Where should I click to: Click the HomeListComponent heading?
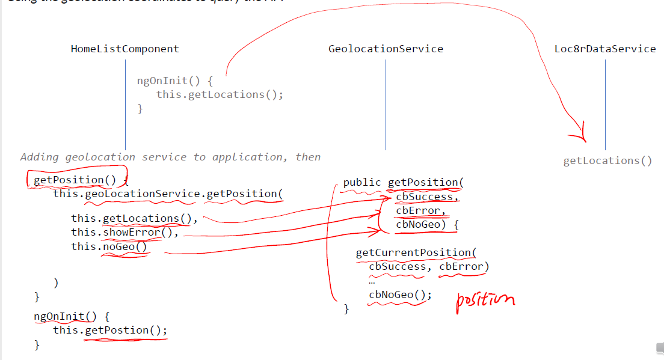point(124,49)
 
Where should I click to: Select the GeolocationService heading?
point(386,49)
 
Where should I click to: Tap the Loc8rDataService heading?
point(605,49)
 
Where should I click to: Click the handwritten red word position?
point(485,299)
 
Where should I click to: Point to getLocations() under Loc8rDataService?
point(607,161)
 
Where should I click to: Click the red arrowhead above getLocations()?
point(580,136)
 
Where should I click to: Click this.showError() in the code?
point(124,233)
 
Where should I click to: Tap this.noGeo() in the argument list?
point(109,246)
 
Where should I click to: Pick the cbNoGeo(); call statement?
point(400,294)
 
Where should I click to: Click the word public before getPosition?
point(361,182)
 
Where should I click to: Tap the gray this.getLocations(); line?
point(220,94)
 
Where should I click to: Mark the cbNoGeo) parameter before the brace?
point(421,225)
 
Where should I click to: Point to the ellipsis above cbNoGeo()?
point(372,281)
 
